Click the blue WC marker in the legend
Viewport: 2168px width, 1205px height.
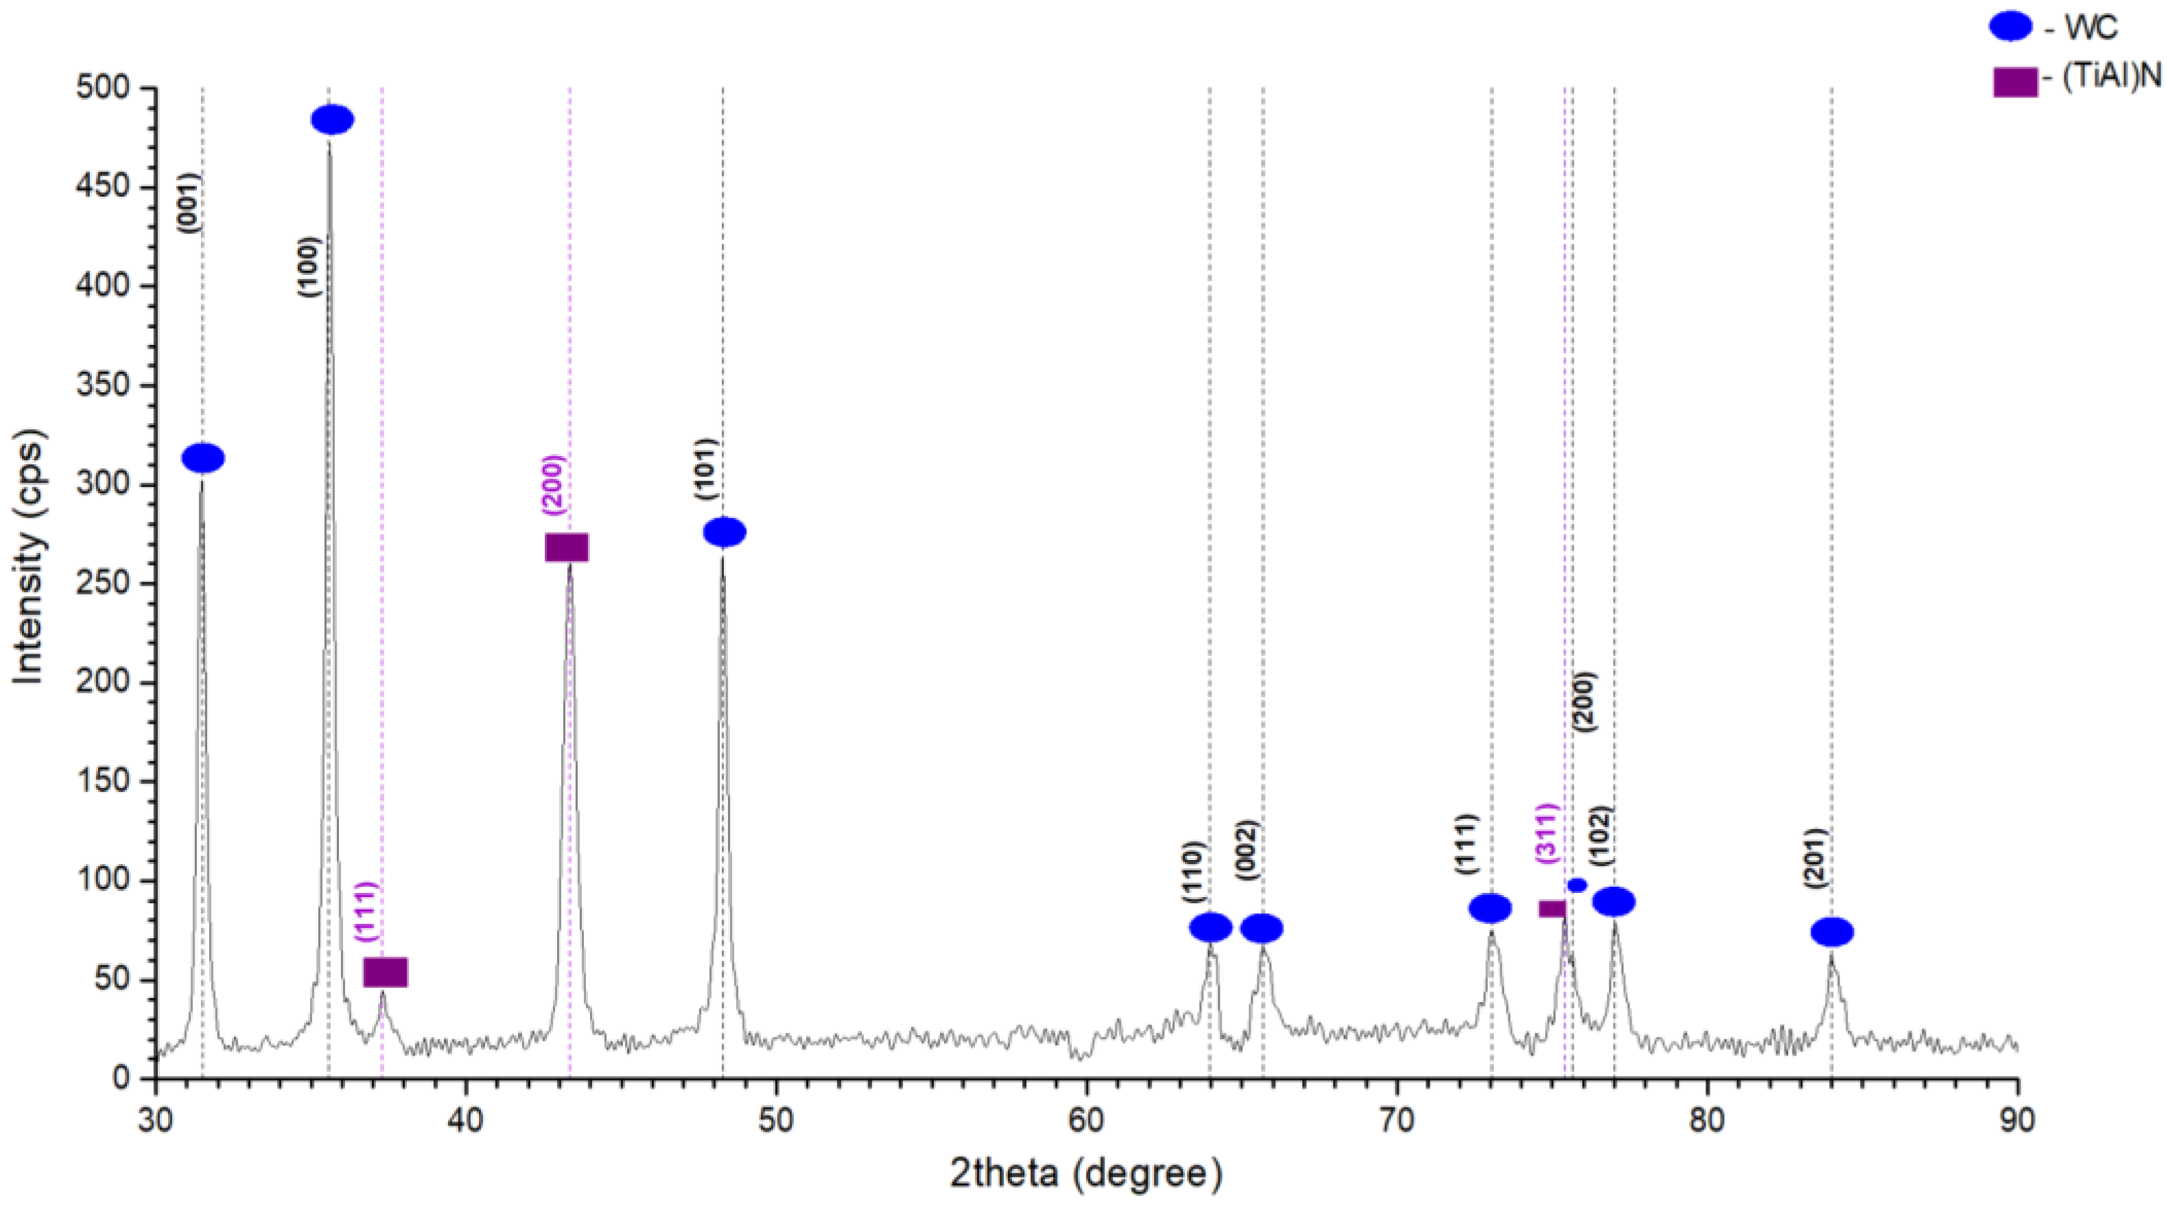click(2010, 27)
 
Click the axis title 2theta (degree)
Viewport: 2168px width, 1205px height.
click(1085, 1172)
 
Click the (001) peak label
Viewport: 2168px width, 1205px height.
click(189, 202)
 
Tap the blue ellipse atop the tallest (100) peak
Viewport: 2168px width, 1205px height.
click(333, 119)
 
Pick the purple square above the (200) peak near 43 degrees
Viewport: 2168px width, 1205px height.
click(567, 548)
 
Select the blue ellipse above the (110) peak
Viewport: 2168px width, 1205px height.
click(1210, 927)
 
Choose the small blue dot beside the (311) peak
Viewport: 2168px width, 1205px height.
click(1577, 885)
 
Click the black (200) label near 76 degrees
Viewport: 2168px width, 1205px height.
click(1583, 701)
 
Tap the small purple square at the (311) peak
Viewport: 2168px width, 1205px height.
click(1552, 909)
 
